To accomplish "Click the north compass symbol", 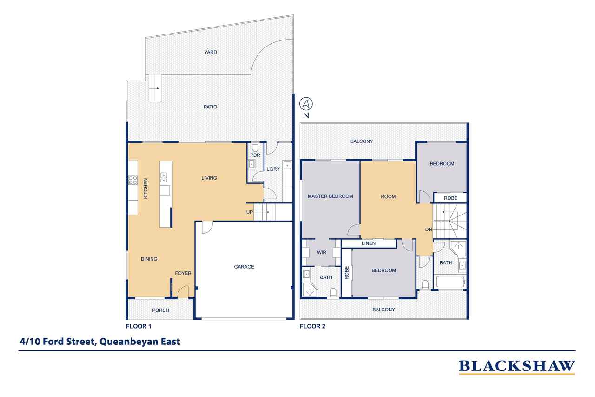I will pos(306,103).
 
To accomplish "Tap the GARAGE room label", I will pos(244,267).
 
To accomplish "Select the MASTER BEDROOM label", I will pos(330,196).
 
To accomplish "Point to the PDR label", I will pos(255,155).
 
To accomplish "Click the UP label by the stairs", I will pos(250,212).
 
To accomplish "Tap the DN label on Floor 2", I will pos(428,229).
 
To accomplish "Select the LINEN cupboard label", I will pos(369,243).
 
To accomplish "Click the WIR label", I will pos(322,253).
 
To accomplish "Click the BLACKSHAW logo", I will pos(517,366).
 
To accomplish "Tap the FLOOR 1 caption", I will pos(139,326).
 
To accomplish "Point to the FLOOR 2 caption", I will pos(312,326).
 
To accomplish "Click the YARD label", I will pos(211,53).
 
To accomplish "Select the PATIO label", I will pos(210,107).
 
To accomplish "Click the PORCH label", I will pos(161,310).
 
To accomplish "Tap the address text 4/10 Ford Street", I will pos(99,341).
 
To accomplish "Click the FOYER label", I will pos(183,273).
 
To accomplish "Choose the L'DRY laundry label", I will pos(273,169).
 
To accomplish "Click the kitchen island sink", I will pos(164,176).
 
